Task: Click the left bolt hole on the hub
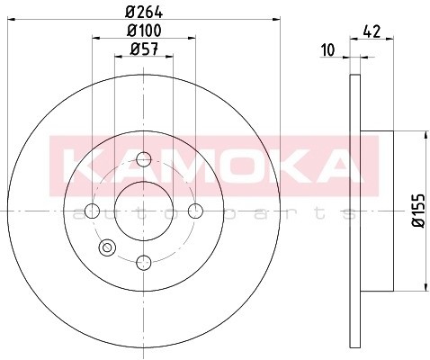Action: [x=92, y=211]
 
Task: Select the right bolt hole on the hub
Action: [x=196, y=211]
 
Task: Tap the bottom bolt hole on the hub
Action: [x=143, y=263]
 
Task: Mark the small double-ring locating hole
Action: [x=109, y=247]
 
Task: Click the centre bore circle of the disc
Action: [x=143, y=211]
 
